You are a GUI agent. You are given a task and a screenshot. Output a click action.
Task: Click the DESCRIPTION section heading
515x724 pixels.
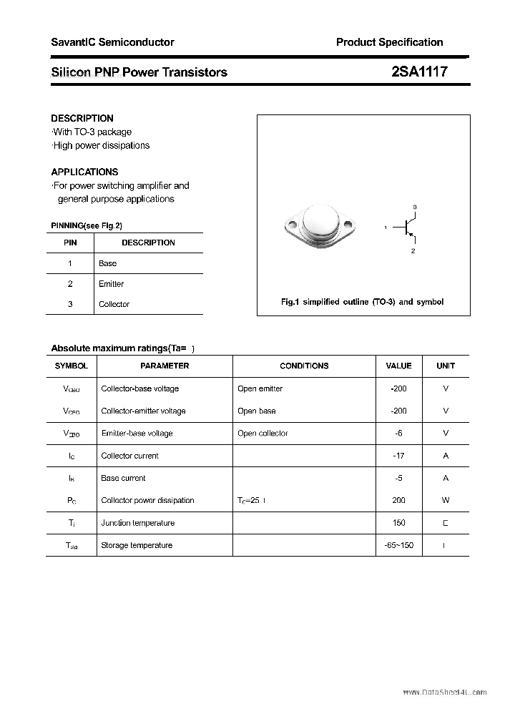82,118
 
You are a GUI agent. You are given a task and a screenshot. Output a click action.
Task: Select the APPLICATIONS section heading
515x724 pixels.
84,172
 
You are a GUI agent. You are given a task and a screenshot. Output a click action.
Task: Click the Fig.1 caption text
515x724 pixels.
362,302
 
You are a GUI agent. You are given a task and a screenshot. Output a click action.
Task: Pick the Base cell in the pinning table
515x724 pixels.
107,263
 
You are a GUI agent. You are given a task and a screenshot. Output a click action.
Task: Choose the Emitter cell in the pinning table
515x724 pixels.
111,284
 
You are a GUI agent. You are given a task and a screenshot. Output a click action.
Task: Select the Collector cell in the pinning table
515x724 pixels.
114,304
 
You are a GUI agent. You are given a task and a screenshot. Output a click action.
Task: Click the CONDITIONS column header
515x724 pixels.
304,366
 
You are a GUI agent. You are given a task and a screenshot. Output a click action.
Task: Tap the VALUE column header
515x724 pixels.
398,366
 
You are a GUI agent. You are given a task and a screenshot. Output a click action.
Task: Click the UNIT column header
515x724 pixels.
446,366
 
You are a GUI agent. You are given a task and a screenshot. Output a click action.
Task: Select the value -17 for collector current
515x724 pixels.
399,456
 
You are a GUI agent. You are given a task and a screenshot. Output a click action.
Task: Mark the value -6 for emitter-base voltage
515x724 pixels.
399,434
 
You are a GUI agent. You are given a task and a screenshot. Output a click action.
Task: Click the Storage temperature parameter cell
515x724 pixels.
137,545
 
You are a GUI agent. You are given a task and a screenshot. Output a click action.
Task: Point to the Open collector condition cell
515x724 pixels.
263,434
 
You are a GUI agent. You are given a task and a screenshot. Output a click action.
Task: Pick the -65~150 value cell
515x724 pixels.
398,545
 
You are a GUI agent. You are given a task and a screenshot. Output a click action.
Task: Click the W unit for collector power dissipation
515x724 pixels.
446,501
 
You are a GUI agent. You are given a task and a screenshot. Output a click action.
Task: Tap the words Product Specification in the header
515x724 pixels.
389,42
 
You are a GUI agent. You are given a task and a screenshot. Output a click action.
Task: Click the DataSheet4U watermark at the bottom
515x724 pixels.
444,693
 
